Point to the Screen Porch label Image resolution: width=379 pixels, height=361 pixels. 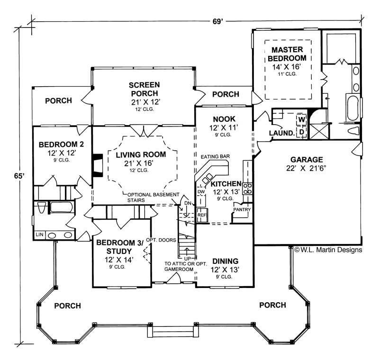(x=144, y=89)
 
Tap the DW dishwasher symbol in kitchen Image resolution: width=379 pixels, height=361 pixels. (x=201, y=191)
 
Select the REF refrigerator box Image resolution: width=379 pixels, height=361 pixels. (x=202, y=215)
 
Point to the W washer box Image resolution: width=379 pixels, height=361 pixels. (x=300, y=120)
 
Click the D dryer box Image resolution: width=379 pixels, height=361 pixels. (x=300, y=132)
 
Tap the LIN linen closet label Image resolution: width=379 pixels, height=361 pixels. (x=39, y=235)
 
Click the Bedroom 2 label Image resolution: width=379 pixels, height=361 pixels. (x=58, y=144)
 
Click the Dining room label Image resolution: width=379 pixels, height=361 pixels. (x=225, y=261)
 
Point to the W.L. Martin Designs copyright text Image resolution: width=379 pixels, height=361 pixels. (x=328, y=250)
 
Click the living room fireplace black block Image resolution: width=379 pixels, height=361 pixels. (x=97, y=165)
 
